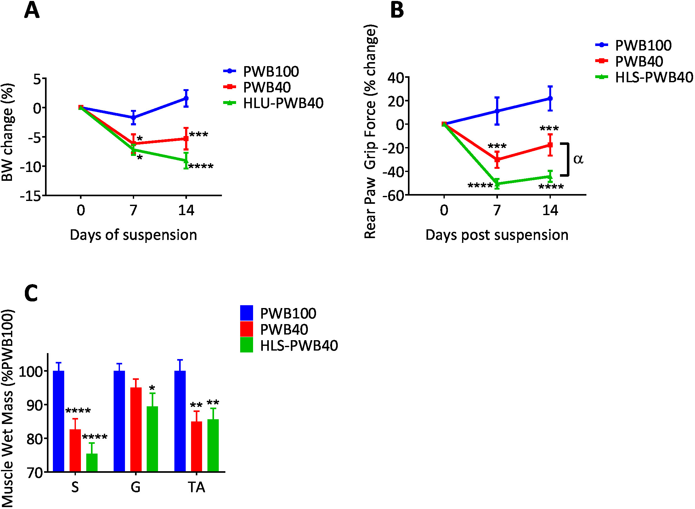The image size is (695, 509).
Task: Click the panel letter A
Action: tap(32, 10)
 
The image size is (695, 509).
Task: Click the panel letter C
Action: tap(31, 293)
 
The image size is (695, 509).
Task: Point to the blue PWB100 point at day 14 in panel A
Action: tap(186, 98)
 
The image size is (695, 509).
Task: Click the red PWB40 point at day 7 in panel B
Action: tap(497, 159)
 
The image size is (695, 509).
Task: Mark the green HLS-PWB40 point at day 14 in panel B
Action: tap(550, 177)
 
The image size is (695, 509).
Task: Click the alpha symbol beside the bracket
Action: tap(578, 159)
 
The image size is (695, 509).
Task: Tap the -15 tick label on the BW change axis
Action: tap(31, 196)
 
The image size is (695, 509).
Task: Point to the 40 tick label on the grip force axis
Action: tap(396, 77)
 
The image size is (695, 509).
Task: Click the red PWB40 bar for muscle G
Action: tap(136, 429)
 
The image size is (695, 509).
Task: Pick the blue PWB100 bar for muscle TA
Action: tap(180, 421)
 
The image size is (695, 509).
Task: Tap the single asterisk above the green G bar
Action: tap(152, 388)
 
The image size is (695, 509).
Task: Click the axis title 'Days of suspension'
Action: tap(133, 235)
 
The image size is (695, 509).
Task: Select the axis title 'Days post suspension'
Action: tap(497, 235)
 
